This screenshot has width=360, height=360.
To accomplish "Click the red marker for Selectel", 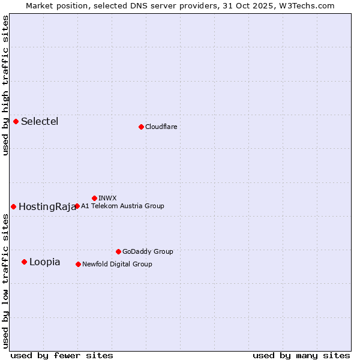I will tap(16, 121).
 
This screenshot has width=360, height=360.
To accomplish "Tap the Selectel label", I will tap(40, 122).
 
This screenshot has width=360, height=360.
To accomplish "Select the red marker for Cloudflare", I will tap(141, 127).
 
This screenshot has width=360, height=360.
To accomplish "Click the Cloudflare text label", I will tap(161, 127).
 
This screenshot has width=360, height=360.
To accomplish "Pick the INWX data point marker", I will tap(94, 198).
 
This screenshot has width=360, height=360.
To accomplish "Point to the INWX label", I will tap(107, 198).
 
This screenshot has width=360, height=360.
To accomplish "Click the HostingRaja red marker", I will tap(13, 206).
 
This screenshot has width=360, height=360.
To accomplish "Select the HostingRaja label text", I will tap(47, 207).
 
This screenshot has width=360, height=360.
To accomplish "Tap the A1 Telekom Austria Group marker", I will tap(77, 206).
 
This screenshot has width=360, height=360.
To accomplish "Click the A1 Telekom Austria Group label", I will tap(122, 206).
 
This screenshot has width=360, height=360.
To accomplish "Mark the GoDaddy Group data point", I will tap(118, 251).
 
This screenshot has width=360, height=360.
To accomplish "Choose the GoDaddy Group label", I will tap(148, 252).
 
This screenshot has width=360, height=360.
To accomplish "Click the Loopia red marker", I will tap(24, 262).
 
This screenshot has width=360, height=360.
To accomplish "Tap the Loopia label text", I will tap(44, 262).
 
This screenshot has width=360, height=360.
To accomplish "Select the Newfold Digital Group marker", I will tap(78, 264).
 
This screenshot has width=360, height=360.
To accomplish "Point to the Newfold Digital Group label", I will tap(117, 265).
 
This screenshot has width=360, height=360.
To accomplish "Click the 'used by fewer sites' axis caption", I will tap(62, 355).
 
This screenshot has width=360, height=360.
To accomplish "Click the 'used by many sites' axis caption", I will tap(301, 355).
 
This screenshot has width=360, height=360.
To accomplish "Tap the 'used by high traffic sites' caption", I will tap(5, 85).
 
